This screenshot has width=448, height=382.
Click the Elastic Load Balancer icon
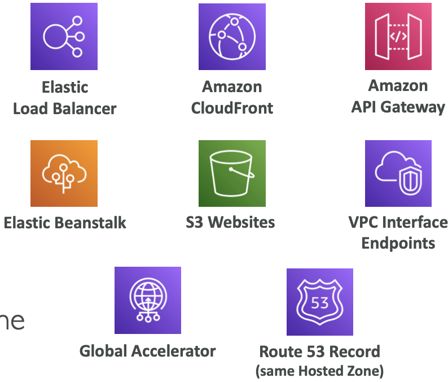coord(64,37)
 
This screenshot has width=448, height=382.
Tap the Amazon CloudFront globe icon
coord(232,37)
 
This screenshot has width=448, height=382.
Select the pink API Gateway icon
coord(398,37)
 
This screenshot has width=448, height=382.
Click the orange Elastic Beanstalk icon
coord(64,173)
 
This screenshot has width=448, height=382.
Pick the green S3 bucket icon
coord(232,173)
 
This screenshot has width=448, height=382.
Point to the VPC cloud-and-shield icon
coord(398,173)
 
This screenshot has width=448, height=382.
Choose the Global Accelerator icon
coord(148,300)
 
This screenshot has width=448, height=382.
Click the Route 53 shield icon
coord(319,302)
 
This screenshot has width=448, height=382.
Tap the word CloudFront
coord(232,108)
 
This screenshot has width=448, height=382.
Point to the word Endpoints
coord(398,244)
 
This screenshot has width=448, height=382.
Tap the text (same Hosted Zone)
coord(319,371)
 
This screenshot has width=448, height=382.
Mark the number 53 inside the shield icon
coord(319,302)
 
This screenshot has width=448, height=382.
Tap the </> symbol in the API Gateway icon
coord(398,37)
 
